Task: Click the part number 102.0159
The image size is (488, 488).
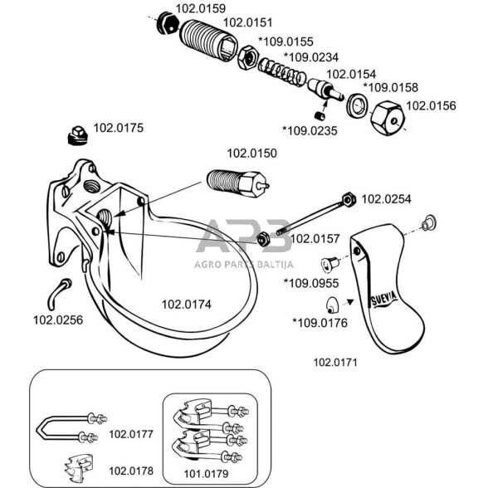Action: click(x=201, y=8)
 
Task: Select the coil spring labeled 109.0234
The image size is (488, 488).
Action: click(x=282, y=71)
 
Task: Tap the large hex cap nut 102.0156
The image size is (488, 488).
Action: click(x=388, y=118)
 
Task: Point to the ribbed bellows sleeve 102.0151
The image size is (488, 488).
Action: click(x=208, y=41)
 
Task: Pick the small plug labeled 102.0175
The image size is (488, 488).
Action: click(x=77, y=136)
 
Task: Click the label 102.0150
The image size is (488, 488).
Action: click(x=251, y=154)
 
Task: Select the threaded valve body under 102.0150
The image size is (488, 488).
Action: click(x=237, y=183)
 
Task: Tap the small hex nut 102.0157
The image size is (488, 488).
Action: click(x=263, y=239)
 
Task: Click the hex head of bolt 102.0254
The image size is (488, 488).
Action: click(x=349, y=199)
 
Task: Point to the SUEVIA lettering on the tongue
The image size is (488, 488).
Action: click(x=384, y=299)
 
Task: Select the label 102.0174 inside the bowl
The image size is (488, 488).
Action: click(x=187, y=305)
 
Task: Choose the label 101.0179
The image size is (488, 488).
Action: click(x=206, y=474)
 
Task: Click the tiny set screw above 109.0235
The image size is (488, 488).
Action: click(x=320, y=116)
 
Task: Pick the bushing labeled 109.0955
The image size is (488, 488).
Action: click(x=330, y=263)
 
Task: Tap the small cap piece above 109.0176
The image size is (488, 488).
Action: click(x=332, y=305)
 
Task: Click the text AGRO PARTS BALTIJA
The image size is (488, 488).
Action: click(x=244, y=265)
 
